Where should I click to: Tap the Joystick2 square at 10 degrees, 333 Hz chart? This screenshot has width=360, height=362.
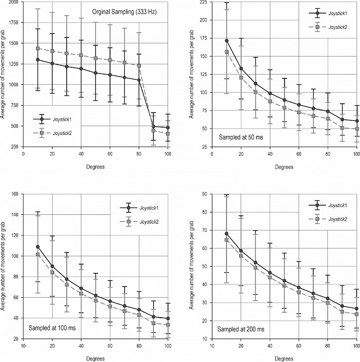pos(38,48)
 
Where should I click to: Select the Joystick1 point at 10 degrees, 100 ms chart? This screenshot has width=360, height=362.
pos(38,247)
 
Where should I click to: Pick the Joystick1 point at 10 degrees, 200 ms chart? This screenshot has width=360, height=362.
pos(227,233)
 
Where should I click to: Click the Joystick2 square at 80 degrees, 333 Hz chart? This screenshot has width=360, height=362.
pos(139,66)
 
